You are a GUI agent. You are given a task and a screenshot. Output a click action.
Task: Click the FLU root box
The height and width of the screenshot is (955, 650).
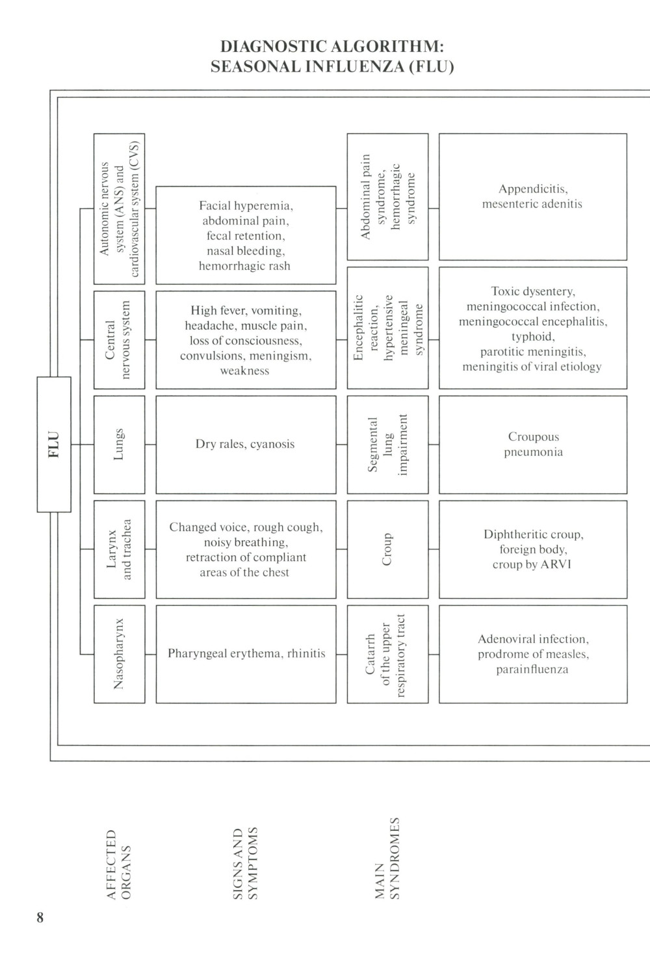pyautogui.click(x=54, y=444)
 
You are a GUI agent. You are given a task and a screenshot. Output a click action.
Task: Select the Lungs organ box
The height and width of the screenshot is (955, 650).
pyautogui.click(x=119, y=444)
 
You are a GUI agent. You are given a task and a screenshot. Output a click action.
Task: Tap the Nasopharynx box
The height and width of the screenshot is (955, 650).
pyautogui.click(x=119, y=654)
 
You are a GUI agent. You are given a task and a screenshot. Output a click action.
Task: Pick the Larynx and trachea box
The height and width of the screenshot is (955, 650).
pyautogui.click(x=119, y=549)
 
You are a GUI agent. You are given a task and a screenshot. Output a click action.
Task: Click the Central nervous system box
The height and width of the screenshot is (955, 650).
pyautogui.click(x=119, y=339)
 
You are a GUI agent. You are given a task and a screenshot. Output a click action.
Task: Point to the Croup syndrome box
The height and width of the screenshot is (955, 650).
pyautogui.click(x=387, y=549)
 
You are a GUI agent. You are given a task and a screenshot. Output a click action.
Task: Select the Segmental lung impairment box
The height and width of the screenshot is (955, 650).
pyautogui.click(x=387, y=444)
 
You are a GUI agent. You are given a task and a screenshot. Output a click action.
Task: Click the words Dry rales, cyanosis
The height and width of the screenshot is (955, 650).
pyautogui.click(x=245, y=444)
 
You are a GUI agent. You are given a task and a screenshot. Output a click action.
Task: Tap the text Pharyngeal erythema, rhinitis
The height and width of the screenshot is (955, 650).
pyautogui.click(x=246, y=653)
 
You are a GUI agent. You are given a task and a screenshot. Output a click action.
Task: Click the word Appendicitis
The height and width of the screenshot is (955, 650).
pyautogui.click(x=533, y=189)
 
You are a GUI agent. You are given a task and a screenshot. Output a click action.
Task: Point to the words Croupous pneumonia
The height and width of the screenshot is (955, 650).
pyautogui.click(x=533, y=444)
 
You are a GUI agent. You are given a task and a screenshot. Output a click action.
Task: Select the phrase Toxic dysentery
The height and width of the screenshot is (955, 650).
pyautogui.click(x=533, y=291)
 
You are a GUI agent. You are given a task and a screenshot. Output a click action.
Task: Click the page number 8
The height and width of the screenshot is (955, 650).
pyautogui.click(x=40, y=917)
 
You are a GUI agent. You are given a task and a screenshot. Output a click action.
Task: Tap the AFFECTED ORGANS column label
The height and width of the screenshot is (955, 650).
pyautogui.click(x=119, y=864)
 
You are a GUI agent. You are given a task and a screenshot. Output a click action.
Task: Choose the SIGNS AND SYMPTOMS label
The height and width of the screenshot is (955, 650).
pyautogui.click(x=245, y=863)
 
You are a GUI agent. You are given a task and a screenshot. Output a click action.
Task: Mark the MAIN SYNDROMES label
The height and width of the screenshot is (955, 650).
pyautogui.click(x=387, y=858)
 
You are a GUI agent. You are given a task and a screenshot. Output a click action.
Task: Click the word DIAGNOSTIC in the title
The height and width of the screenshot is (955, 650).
pyautogui.click(x=274, y=47)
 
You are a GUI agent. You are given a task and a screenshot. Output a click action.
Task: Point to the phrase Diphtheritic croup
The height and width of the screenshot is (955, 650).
pyautogui.click(x=533, y=534)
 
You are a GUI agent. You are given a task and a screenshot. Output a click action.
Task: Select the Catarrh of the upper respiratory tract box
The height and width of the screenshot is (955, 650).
pyautogui.click(x=387, y=654)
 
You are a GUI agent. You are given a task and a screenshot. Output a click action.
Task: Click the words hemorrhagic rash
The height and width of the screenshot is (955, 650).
pyautogui.click(x=244, y=266)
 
